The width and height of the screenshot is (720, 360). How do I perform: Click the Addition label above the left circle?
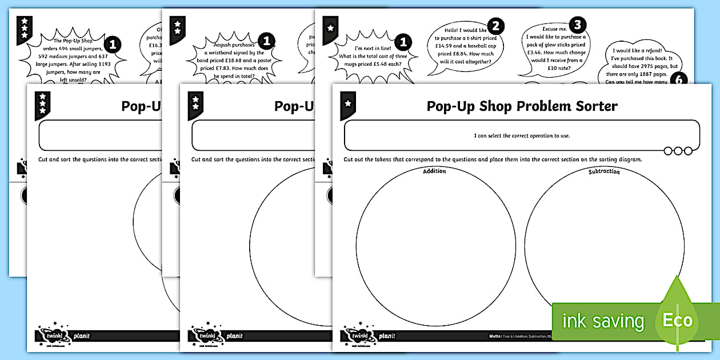pyautogui.click(x=434, y=171)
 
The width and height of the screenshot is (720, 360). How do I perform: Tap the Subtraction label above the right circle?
pyautogui.click(x=604, y=171)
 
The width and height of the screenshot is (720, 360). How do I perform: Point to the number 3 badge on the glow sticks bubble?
pyautogui.click(x=578, y=25)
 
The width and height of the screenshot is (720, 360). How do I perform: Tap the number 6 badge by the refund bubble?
pyautogui.click(x=679, y=81)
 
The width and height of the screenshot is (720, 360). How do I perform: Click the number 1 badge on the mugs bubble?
pyautogui.click(x=403, y=42)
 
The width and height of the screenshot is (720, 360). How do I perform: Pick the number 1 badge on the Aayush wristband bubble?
pyautogui.click(x=266, y=41)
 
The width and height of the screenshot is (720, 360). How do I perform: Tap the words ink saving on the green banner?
pyautogui.click(x=603, y=321)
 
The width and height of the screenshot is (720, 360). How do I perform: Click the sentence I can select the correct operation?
pyautogui.click(x=522, y=135)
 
